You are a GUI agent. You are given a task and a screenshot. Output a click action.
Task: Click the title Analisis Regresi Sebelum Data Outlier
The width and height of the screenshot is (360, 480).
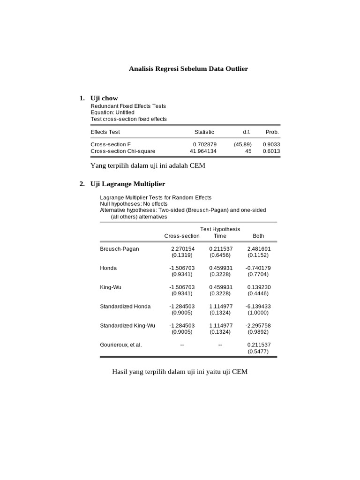188,69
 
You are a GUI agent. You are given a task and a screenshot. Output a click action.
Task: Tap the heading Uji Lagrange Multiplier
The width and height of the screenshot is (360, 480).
127,184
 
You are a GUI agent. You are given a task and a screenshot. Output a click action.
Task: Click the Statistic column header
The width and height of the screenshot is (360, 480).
204,132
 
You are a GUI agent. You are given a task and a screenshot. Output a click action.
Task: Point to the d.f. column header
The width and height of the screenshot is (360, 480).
246,132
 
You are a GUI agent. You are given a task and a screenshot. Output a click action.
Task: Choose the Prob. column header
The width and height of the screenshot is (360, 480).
272,132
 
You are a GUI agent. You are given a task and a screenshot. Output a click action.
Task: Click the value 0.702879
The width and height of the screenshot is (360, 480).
205,145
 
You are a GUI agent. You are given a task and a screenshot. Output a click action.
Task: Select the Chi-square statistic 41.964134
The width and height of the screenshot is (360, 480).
203,151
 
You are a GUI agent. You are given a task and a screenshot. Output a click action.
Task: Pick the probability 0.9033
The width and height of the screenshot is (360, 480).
271,145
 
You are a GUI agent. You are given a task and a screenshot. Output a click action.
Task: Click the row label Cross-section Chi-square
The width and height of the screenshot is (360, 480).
123,151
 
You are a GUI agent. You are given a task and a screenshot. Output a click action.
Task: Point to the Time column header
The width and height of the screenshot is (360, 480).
220,236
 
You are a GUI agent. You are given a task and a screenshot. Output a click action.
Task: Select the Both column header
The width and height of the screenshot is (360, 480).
258,236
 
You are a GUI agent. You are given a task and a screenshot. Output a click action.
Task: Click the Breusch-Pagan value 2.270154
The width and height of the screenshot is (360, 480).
182,249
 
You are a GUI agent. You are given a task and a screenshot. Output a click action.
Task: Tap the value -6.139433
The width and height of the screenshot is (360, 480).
258,307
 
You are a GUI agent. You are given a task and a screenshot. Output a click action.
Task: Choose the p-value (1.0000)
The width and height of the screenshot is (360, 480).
258,313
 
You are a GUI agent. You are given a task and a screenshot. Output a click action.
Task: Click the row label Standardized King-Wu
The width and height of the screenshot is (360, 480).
127,326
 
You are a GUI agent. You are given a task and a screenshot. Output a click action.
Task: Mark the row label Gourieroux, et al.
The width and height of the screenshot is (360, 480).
121,345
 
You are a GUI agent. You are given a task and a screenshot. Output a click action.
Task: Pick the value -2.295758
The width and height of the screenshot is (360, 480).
258,326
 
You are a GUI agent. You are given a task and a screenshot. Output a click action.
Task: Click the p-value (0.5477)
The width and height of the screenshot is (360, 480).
258,351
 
